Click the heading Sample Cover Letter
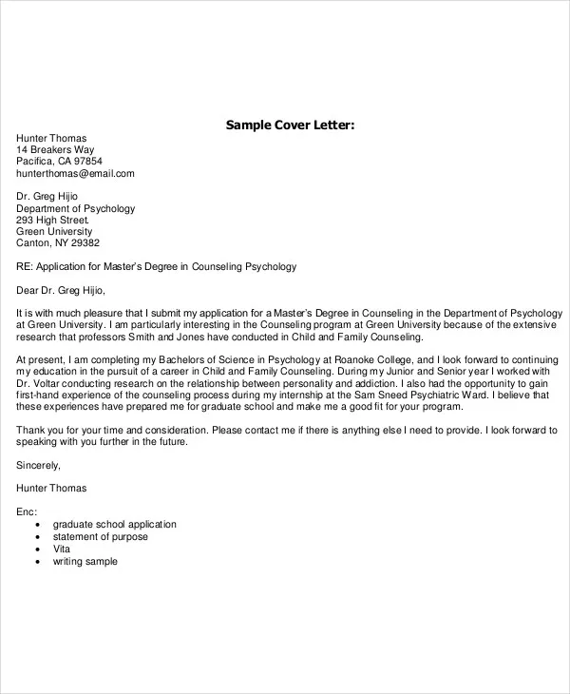(290, 125)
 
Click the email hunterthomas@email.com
(75, 174)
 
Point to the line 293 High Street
(56, 220)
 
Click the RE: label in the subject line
(26, 267)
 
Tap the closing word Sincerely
(39, 465)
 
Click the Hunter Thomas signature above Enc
(51, 489)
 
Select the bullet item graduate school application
(115, 525)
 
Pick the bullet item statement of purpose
(101, 537)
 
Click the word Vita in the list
(63, 549)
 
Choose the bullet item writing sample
(85, 562)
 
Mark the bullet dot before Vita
(37, 549)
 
